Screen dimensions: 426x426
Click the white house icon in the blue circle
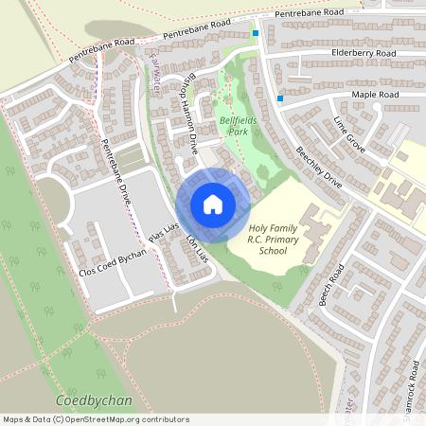coord(213,204)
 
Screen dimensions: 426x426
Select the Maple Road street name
coord(375,96)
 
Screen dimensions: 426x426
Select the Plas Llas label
coord(163,235)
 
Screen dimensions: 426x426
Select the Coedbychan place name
coord(94,400)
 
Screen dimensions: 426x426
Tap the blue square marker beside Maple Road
coord(280,98)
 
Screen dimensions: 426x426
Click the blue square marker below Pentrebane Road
coord(255,34)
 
